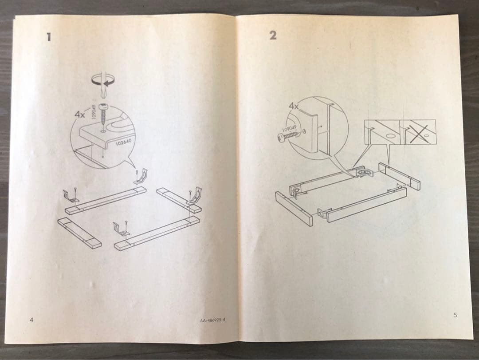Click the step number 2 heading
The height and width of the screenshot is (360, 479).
point(272,36)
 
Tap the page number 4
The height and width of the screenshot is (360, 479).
point(31,319)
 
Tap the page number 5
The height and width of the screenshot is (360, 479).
point(455,315)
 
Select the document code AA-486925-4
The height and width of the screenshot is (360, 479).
point(212,320)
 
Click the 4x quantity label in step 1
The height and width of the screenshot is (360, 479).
point(80,114)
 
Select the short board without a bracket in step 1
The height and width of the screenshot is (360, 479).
point(79,232)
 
